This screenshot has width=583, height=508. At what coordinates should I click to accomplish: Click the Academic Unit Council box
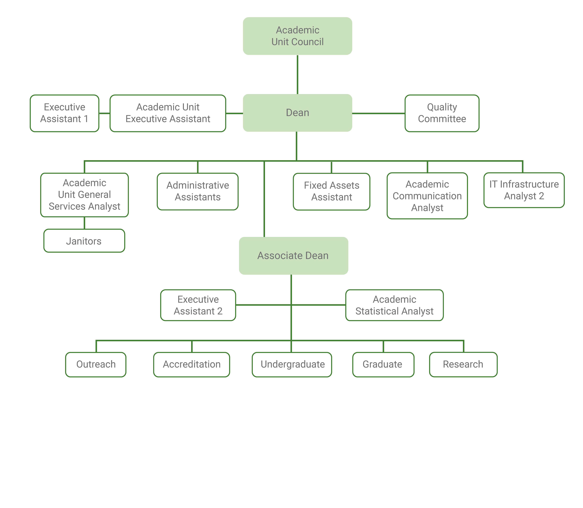pos(297,36)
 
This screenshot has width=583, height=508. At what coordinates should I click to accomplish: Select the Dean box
pos(297,113)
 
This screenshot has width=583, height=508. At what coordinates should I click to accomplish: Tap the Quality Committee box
pos(442,113)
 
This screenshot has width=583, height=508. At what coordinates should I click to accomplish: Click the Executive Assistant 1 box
pos(64,113)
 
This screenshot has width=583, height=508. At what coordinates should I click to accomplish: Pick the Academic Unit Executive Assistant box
pos(168,113)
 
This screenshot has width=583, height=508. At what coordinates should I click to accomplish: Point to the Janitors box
pos(84,241)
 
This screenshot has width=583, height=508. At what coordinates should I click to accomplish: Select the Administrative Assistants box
pos(198,191)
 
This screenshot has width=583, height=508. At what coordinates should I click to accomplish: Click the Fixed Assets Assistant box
pos(331,191)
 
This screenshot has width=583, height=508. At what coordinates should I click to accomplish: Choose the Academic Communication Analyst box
pos(427,196)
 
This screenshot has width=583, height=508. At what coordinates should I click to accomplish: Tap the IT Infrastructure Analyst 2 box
pos(524,190)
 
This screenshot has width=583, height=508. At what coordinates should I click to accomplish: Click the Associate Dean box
pos(293,255)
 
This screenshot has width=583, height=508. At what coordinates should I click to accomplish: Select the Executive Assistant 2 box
pos(198,305)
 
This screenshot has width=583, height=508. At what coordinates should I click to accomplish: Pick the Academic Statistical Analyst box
pos(394,305)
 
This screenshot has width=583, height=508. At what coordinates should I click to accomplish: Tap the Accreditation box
pos(192,364)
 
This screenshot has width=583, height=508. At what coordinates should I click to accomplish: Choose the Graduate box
pos(383,364)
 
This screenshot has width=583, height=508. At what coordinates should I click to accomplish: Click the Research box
pos(463,364)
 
